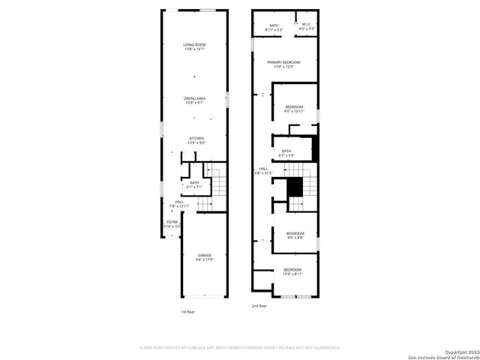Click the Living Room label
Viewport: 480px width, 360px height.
[194, 45]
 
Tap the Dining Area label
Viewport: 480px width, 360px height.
[194, 97]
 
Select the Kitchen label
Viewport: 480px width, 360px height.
[196, 138]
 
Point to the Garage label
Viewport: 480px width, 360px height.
[205, 256]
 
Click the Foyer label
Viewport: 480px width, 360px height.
[172, 222]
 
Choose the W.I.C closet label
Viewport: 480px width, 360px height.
[306, 25]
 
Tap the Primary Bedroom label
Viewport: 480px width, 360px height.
[285, 62]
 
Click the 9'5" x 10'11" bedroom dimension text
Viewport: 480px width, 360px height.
[295, 111]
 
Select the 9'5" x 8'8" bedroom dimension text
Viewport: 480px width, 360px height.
[295, 238]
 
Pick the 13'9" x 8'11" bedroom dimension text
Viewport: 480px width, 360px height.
[292, 274]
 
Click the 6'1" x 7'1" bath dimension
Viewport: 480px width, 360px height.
[194, 187]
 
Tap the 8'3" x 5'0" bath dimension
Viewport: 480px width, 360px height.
[286, 155]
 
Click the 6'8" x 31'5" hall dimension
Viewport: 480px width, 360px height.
[263, 172]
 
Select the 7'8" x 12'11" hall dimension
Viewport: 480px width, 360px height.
[180, 205]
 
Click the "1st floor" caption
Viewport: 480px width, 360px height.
[187, 311]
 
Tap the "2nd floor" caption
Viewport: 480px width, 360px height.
[259, 306]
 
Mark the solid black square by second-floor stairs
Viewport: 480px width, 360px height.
[296, 185]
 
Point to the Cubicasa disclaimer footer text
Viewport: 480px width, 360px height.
[240, 348]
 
